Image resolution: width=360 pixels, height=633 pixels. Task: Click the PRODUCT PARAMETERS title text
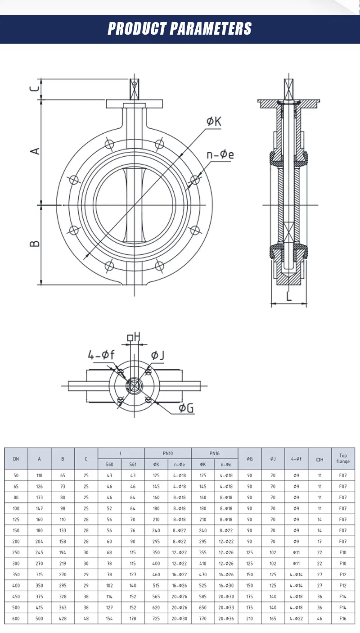pos(180,28)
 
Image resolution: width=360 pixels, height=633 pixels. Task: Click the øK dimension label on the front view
pos(214,121)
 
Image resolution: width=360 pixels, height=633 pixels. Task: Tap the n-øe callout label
pos(220,155)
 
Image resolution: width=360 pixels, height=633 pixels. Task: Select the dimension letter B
pos(35,244)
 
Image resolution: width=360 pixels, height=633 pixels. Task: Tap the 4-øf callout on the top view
pos(101,355)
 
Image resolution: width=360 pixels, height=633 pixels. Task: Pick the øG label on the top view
pos(186,408)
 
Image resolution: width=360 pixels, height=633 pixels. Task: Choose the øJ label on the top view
pos(157,355)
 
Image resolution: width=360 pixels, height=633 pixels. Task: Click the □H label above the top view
pos(134,337)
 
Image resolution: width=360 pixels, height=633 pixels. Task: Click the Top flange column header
pos(343,459)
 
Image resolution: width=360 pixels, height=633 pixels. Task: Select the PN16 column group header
pos(215,453)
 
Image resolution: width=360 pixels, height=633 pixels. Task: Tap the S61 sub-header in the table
pos(133,465)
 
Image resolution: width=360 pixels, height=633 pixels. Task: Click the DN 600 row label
pos(16,619)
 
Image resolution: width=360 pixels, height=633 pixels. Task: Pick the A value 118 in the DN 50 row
pos(40,475)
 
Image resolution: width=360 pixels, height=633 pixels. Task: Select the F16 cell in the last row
pos(343,619)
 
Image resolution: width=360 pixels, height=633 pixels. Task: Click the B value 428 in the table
pos(63,619)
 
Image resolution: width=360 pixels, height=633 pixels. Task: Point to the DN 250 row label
pos(16,552)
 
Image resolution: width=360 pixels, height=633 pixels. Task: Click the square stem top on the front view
pos(134,90)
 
